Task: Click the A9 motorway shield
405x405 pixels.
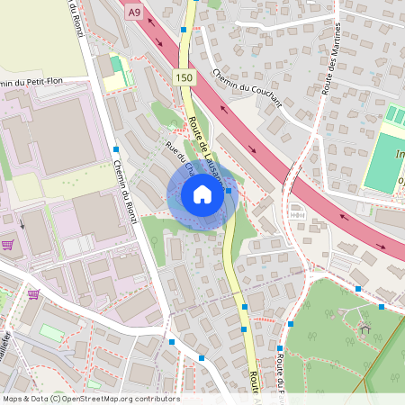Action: (134, 12)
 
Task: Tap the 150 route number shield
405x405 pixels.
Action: (184, 79)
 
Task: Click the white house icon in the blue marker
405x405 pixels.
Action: (202, 194)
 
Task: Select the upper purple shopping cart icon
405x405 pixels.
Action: (7, 244)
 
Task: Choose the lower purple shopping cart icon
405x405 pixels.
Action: (33, 293)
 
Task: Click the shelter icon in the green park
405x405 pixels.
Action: (364, 329)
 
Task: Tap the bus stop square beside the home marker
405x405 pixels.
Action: (229, 191)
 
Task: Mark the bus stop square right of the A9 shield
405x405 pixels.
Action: (184, 30)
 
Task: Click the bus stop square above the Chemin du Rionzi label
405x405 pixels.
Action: (116, 149)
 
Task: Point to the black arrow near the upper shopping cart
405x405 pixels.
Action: (22, 223)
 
